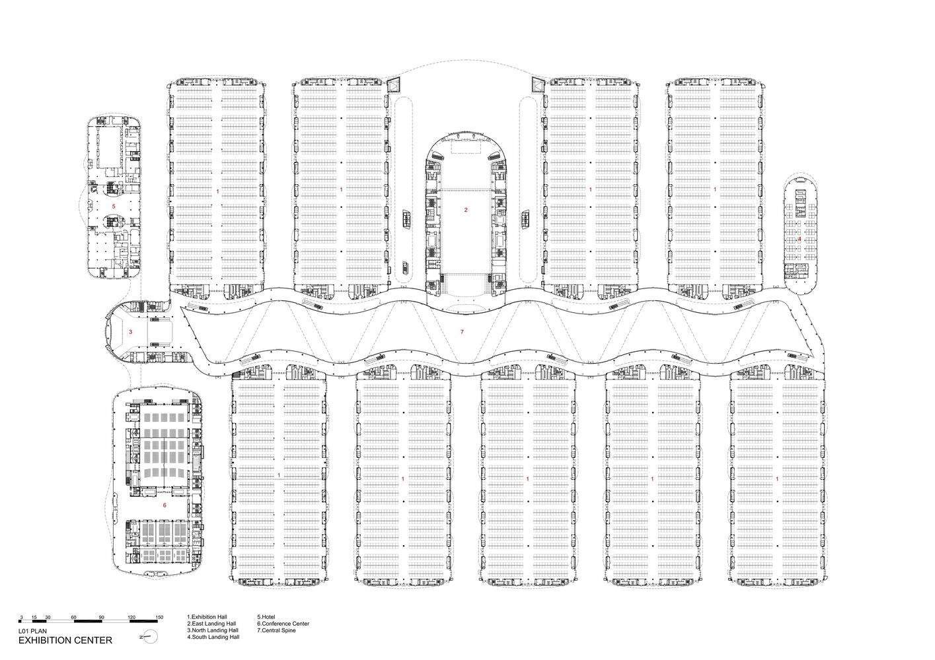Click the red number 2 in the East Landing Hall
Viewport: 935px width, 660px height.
[x=466, y=210]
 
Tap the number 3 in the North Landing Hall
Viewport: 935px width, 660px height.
[x=130, y=332]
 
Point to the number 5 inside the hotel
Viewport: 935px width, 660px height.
[x=114, y=206]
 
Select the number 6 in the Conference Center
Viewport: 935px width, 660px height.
[x=165, y=505]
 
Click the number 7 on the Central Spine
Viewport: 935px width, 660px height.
[x=462, y=332]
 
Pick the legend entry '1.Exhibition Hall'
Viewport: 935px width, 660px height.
[x=207, y=616]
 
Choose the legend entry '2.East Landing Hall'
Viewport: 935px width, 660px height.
[x=211, y=624]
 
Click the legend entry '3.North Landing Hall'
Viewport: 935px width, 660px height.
[x=213, y=630]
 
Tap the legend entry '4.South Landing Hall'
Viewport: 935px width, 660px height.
[x=213, y=637]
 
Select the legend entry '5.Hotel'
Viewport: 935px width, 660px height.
[x=266, y=616]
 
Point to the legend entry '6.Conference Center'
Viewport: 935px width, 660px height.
[x=283, y=624]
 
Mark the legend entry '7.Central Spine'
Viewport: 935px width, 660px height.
[x=276, y=630]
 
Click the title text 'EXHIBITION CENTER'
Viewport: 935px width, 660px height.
[x=65, y=640]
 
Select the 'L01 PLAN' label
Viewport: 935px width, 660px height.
[x=32, y=631]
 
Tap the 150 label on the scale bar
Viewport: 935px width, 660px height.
[x=159, y=618]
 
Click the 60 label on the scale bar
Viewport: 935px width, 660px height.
[x=73, y=618]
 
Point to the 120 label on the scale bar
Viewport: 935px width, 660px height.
[x=131, y=618]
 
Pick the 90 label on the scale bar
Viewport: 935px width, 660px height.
[x=102, y=618]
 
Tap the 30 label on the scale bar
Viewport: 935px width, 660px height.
[x=48, y=618]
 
